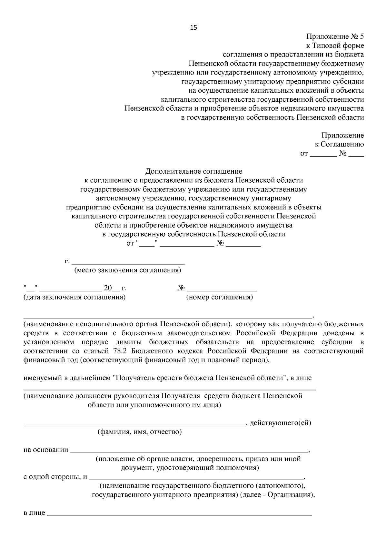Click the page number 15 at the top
pos(193,27)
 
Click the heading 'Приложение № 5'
pos(335,36)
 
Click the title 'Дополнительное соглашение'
pos(193,171)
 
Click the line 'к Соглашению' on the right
pos(339,144)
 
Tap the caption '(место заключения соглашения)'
pos(128,270)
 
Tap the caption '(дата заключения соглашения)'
pos(74,297)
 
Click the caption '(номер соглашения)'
pos(220,297)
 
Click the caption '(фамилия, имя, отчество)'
pos(140,432)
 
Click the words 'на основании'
pos(46,450)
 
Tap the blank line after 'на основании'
pos(189,451)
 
